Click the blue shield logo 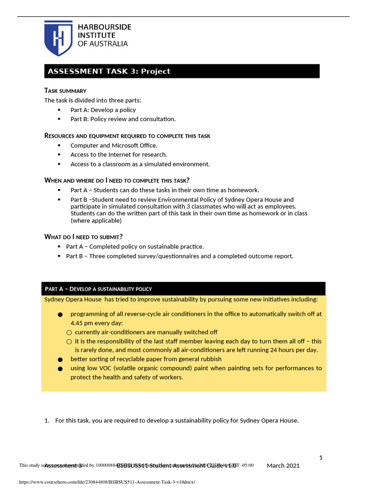click(58, 38)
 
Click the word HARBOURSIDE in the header click(104, 27)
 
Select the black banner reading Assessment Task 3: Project click(182, 71)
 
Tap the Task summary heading click(65, 90)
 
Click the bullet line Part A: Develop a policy click(103, 110)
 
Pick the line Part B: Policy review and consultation click(123, 119)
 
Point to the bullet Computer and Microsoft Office click(114, 145)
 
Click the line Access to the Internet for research click(119, 155)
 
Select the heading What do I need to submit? click(84, 237)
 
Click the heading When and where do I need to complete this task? click(117, 180)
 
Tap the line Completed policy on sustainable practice click(135, 246)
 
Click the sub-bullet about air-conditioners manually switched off click(146, 332)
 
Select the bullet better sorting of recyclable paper click(146, 359)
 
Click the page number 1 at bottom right click(321, 457)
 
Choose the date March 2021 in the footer click(283, 466)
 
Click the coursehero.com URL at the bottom click(107, 482)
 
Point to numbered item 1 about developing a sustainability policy click(176, 421)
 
